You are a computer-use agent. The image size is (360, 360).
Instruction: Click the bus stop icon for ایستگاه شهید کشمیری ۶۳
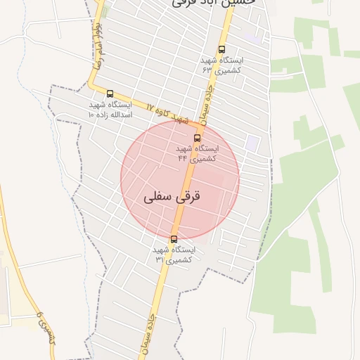tap(222, 49)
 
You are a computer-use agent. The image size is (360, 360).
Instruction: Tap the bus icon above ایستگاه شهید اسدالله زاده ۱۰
tap(110, 94)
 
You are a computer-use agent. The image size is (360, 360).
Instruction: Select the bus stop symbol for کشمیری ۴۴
tap(197, 138)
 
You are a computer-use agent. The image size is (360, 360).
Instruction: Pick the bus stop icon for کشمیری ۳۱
tap(174, 239)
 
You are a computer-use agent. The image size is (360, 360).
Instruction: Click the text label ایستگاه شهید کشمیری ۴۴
tap(197, 153)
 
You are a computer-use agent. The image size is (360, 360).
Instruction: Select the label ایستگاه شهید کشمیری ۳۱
tap(174, 255)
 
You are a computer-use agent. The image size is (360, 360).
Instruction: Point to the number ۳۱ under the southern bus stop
tap(160, 259)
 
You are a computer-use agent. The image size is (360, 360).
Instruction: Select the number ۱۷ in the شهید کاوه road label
tap(150, 106)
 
